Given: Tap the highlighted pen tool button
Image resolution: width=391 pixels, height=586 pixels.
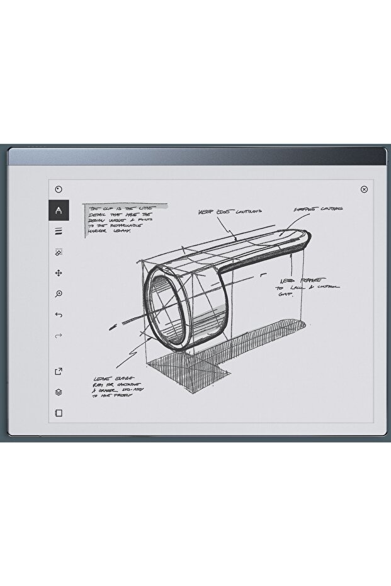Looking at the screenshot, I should (x=59, y=210).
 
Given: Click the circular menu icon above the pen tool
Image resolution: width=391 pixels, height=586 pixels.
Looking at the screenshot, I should (x=59, y=189).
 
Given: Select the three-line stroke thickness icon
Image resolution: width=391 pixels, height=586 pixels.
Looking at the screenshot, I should (x=59, y=231).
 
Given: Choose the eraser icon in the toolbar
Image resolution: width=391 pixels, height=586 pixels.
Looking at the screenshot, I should (x=59, y=252).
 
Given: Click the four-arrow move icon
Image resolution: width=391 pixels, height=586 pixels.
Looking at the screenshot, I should (x=59, y=273).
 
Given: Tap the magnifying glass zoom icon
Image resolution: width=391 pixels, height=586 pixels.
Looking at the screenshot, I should (x=59, y=294).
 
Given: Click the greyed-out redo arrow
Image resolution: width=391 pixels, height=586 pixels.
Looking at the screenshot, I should (x=59, y=336).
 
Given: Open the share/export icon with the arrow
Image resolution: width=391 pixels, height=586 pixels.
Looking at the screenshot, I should (x=59, y=371).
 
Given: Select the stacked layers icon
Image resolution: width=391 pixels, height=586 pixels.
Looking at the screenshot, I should (x=59, y=392).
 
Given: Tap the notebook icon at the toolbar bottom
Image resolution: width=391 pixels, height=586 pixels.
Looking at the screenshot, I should (x=59, y=414).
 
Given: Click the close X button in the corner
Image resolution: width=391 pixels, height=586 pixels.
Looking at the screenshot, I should (x=364, y=189).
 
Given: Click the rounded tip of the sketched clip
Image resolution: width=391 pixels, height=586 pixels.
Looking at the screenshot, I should (x=305, y=240).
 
